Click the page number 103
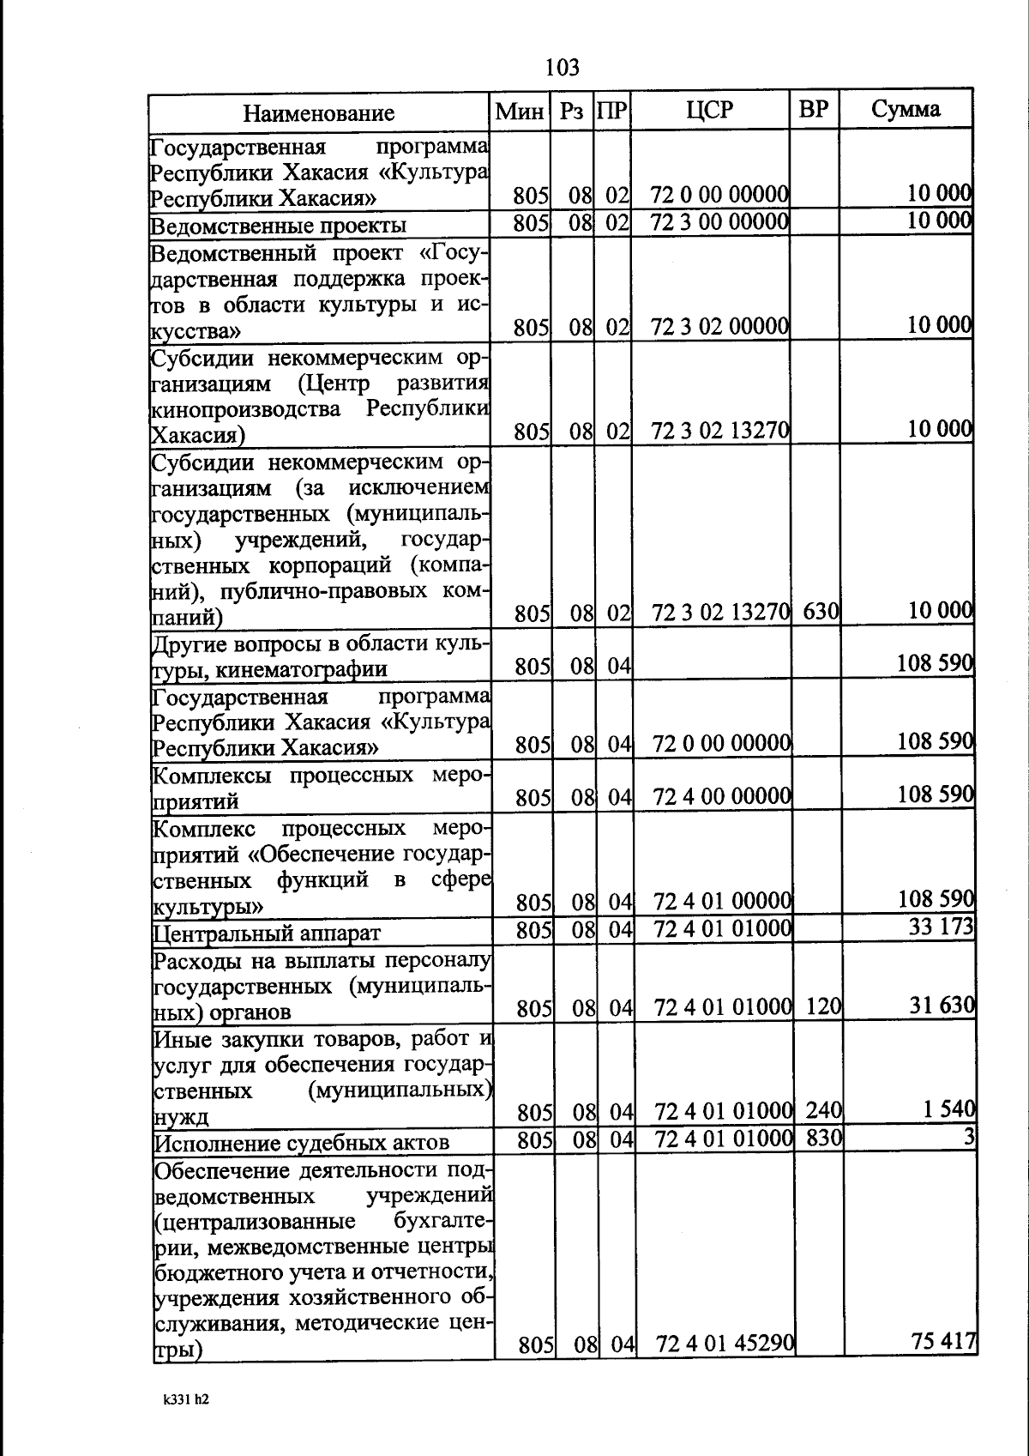coord(562,67)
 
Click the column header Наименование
coord(318,113)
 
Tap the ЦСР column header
coord(710,110)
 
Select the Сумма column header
coord(906,109)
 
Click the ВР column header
coord(813,110)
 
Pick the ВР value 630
coord(821,613)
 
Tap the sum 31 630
coord(942,1005)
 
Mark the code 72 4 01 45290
coord(725,1344)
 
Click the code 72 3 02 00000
coord(720,327)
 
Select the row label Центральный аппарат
coord(266,933)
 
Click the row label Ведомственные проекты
coord(278,226)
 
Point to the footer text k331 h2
coord(186,1399)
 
